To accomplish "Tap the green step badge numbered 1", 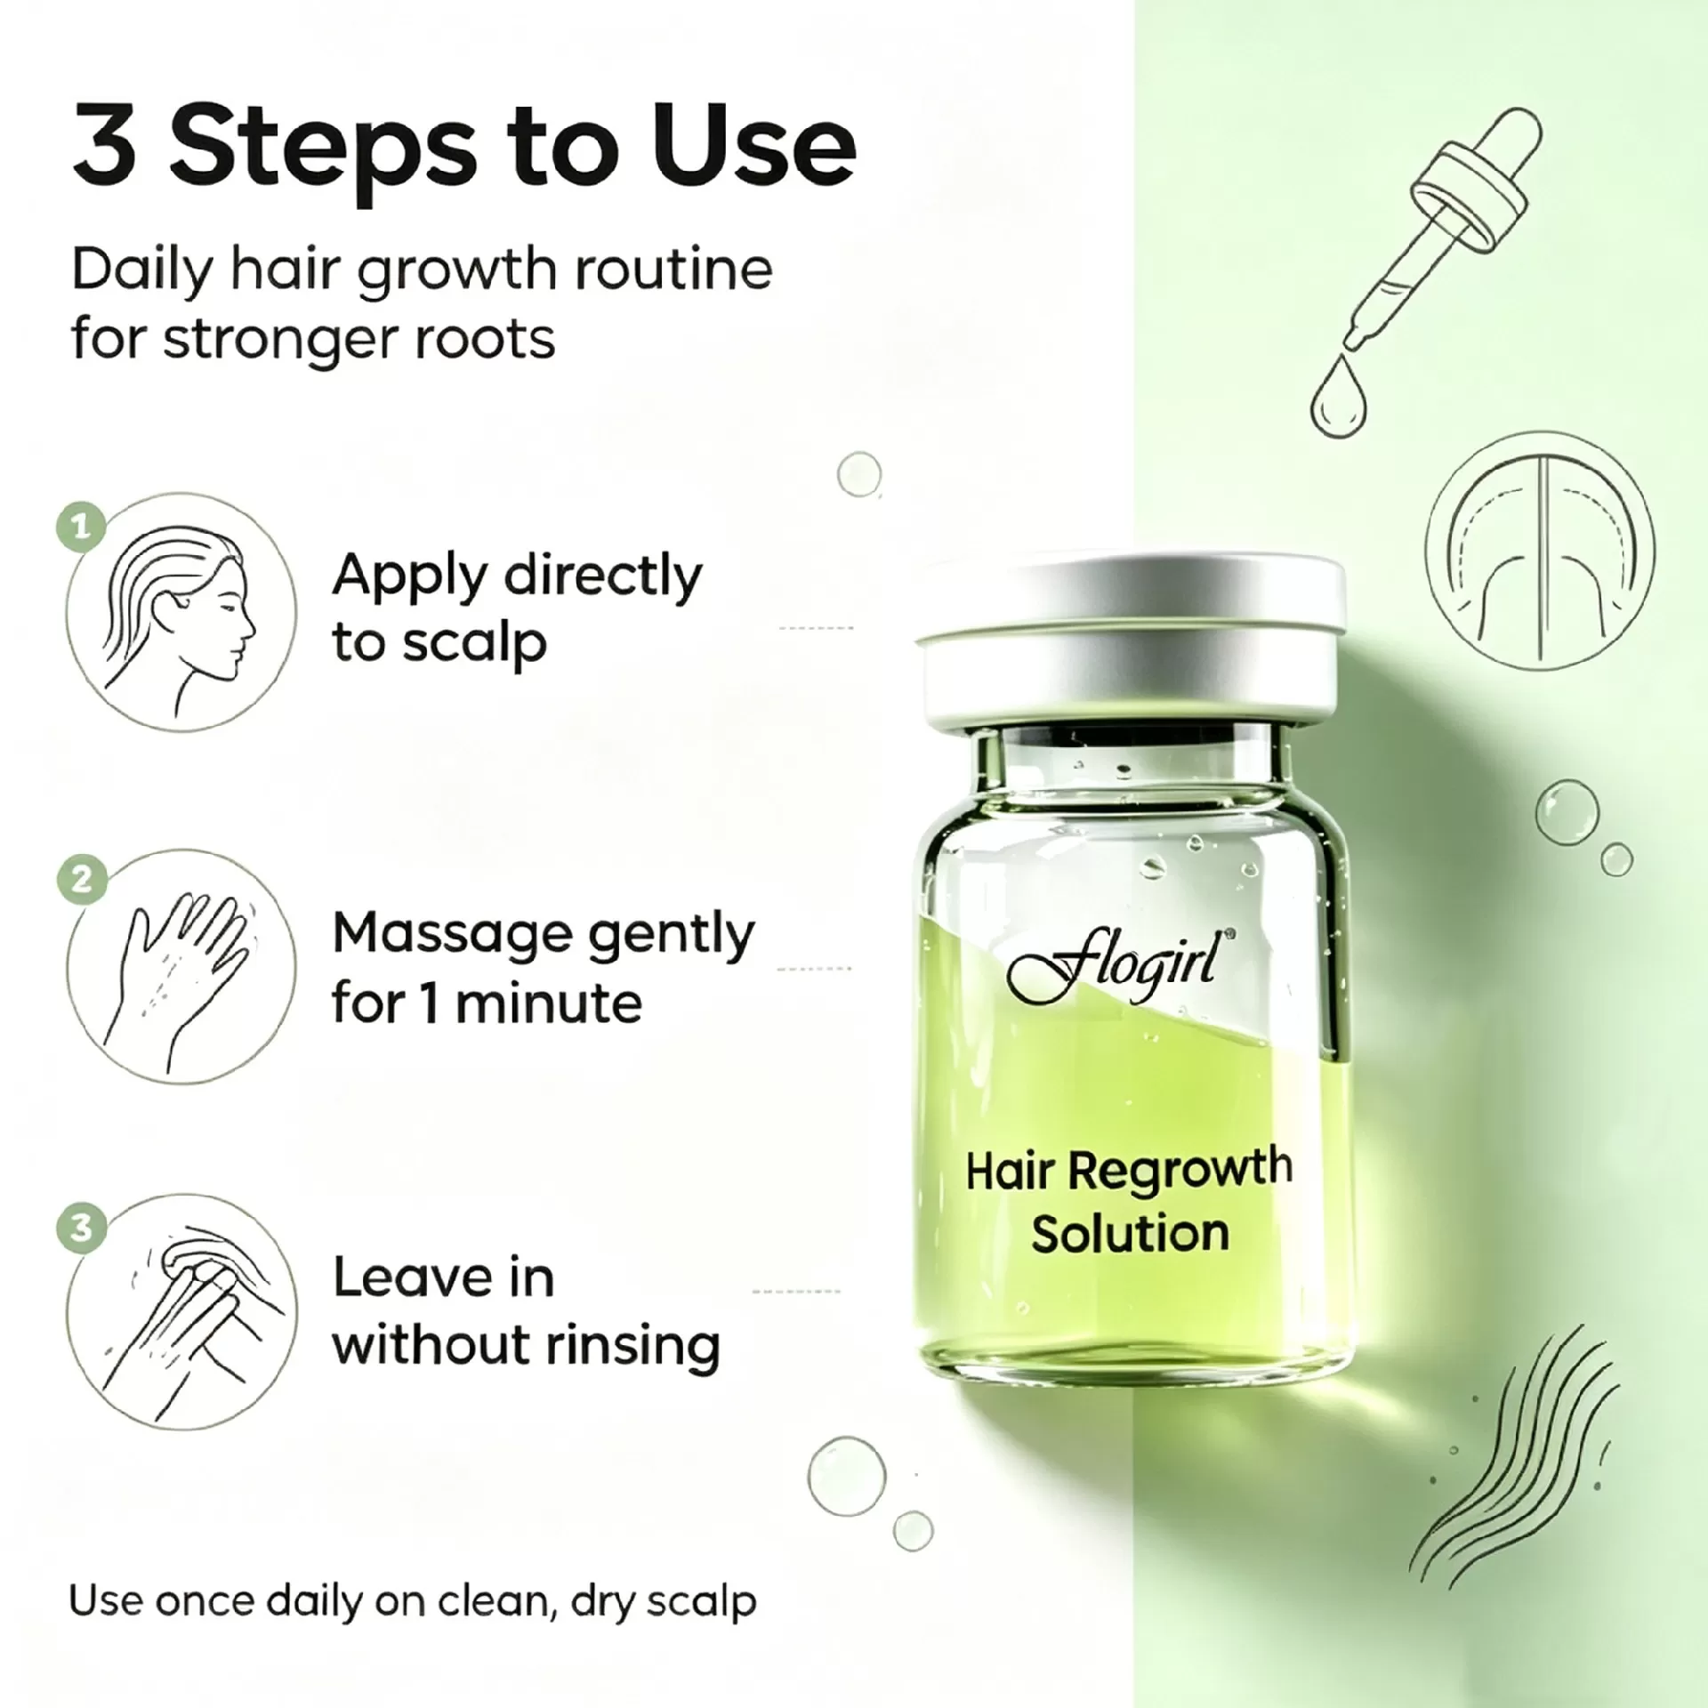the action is coord(81,528).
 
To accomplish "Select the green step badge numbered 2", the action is coord(81,880).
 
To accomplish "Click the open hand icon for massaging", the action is coord(182,966).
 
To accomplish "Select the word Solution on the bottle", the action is coord(1130,1233).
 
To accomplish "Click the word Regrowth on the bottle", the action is coord(1180,1169).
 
